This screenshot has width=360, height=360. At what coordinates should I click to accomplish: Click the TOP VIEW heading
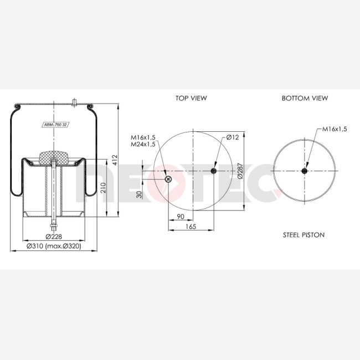[x=191, y=98]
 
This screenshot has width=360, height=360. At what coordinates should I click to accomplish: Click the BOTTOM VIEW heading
[x=305, y=98]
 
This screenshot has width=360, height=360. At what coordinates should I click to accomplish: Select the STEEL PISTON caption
[x=304, y=235]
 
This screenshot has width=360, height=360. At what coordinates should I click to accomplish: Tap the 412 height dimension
[x=115, y=160]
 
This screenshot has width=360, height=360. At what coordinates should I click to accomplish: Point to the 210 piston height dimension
[x=104, y=188]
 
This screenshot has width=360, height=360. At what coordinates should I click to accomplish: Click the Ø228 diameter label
[x=54, y=236]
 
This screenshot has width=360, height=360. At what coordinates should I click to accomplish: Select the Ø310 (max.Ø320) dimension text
[x=54, y=246]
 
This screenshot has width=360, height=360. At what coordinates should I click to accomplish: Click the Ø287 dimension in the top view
[x=240, y=171]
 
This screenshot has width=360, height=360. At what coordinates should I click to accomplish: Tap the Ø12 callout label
[x=233, y=137]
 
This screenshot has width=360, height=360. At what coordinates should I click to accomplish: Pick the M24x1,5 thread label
[x=143, y=144]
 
